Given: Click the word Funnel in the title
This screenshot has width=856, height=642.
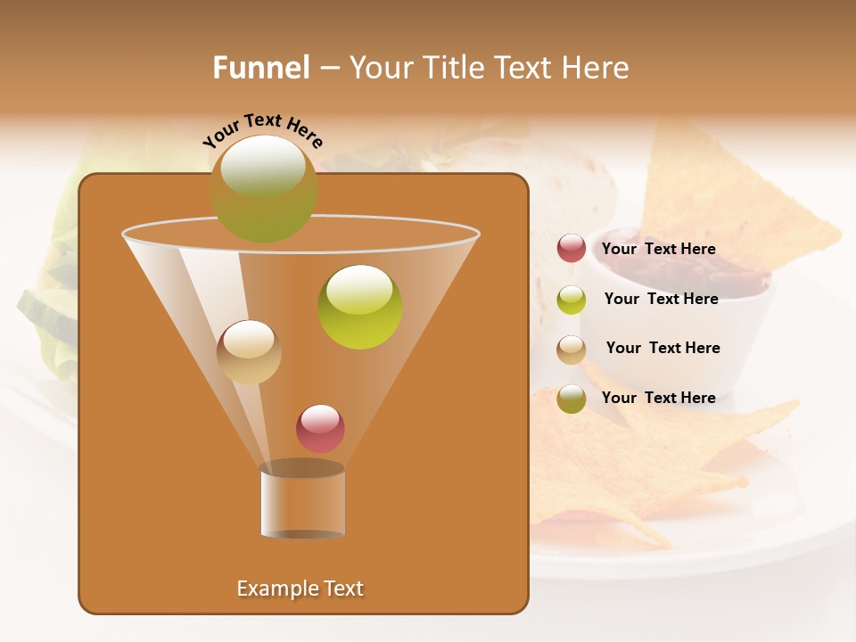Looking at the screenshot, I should (x=260, y=68).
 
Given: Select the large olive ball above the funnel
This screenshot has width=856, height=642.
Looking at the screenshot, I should (x=263, y=188).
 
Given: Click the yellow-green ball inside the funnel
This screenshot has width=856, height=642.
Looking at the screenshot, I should (x=360, y=307).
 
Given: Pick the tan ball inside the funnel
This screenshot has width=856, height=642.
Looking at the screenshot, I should (x=249, y=352).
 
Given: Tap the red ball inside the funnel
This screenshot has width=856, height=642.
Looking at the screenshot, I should (x=320, y=428).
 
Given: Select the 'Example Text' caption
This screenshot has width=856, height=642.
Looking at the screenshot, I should (x=300, y=588).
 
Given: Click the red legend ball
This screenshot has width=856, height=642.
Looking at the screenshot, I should (x=572, y=249).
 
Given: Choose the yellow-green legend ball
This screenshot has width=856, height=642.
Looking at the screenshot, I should (x=572, y=300).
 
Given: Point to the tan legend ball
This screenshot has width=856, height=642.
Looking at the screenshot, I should (x=572, y=350).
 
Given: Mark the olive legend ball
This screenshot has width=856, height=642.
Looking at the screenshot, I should (x=572, y=399).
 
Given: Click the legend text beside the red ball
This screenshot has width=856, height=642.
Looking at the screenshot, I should (x=658, y=250).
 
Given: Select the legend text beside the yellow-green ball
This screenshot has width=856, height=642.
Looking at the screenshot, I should (x=661, y=300).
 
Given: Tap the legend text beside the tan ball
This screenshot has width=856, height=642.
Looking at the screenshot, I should (x=663, y=349).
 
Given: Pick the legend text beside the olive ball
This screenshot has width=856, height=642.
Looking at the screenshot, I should (x=658, y=399).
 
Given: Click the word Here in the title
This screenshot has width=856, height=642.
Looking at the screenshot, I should (x=597, y=68).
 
